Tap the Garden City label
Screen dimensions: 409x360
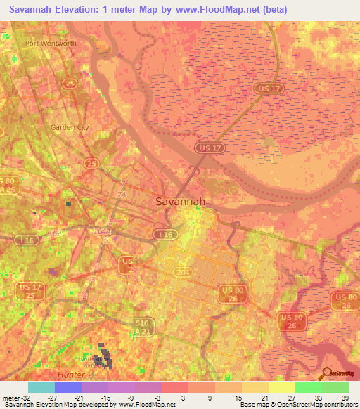pos(70,127)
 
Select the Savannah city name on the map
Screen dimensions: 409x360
pos(180,202)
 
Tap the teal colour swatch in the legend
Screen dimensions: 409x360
pos(41,387)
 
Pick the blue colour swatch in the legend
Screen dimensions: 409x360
pos(67,387)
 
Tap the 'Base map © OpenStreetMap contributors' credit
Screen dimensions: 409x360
pos(297,405)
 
